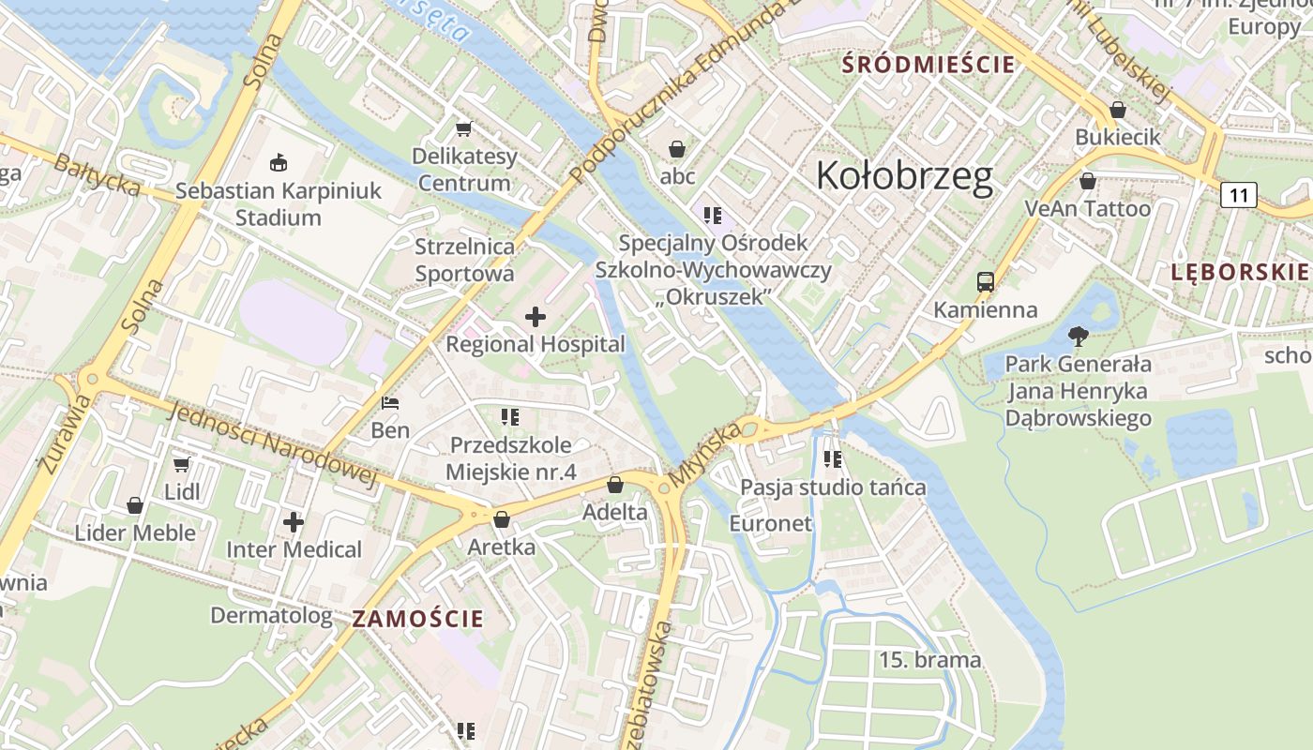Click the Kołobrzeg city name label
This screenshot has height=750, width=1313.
[x=904, y=176]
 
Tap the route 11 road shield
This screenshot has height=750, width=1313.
[x=1239, y=195]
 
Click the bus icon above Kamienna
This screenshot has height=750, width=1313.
[x=985, y=281]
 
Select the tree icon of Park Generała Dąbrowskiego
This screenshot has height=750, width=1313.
[x=1078, y=336]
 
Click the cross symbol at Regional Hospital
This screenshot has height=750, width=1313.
[x=535, y=317]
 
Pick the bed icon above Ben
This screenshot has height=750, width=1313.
[x=391, y=404]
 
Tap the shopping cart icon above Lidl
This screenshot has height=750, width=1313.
[x=182, y=464]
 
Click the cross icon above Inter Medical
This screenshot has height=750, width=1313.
[x=294, y=521]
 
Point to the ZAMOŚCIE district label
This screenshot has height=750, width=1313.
[x=418, y=619]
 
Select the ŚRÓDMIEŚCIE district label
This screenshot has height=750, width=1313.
[x=928, y=65]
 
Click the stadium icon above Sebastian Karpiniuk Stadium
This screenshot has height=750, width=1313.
[x=279, y=163]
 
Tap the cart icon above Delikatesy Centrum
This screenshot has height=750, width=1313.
[x=463, y=128]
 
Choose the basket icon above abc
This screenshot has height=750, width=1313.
[x=677, y=149]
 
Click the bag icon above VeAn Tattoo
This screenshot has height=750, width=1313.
[x=1088, y=181]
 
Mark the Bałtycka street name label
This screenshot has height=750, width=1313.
[x=97, y=175]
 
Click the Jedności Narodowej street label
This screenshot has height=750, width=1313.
[x=272, y=445]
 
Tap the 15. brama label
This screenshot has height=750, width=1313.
[x=929, y=660]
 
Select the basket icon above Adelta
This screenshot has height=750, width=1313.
[x=615, y=485]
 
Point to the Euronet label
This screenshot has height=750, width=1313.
[x=770, y=523]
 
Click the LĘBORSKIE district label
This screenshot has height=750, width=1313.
[x=1239, y=272]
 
